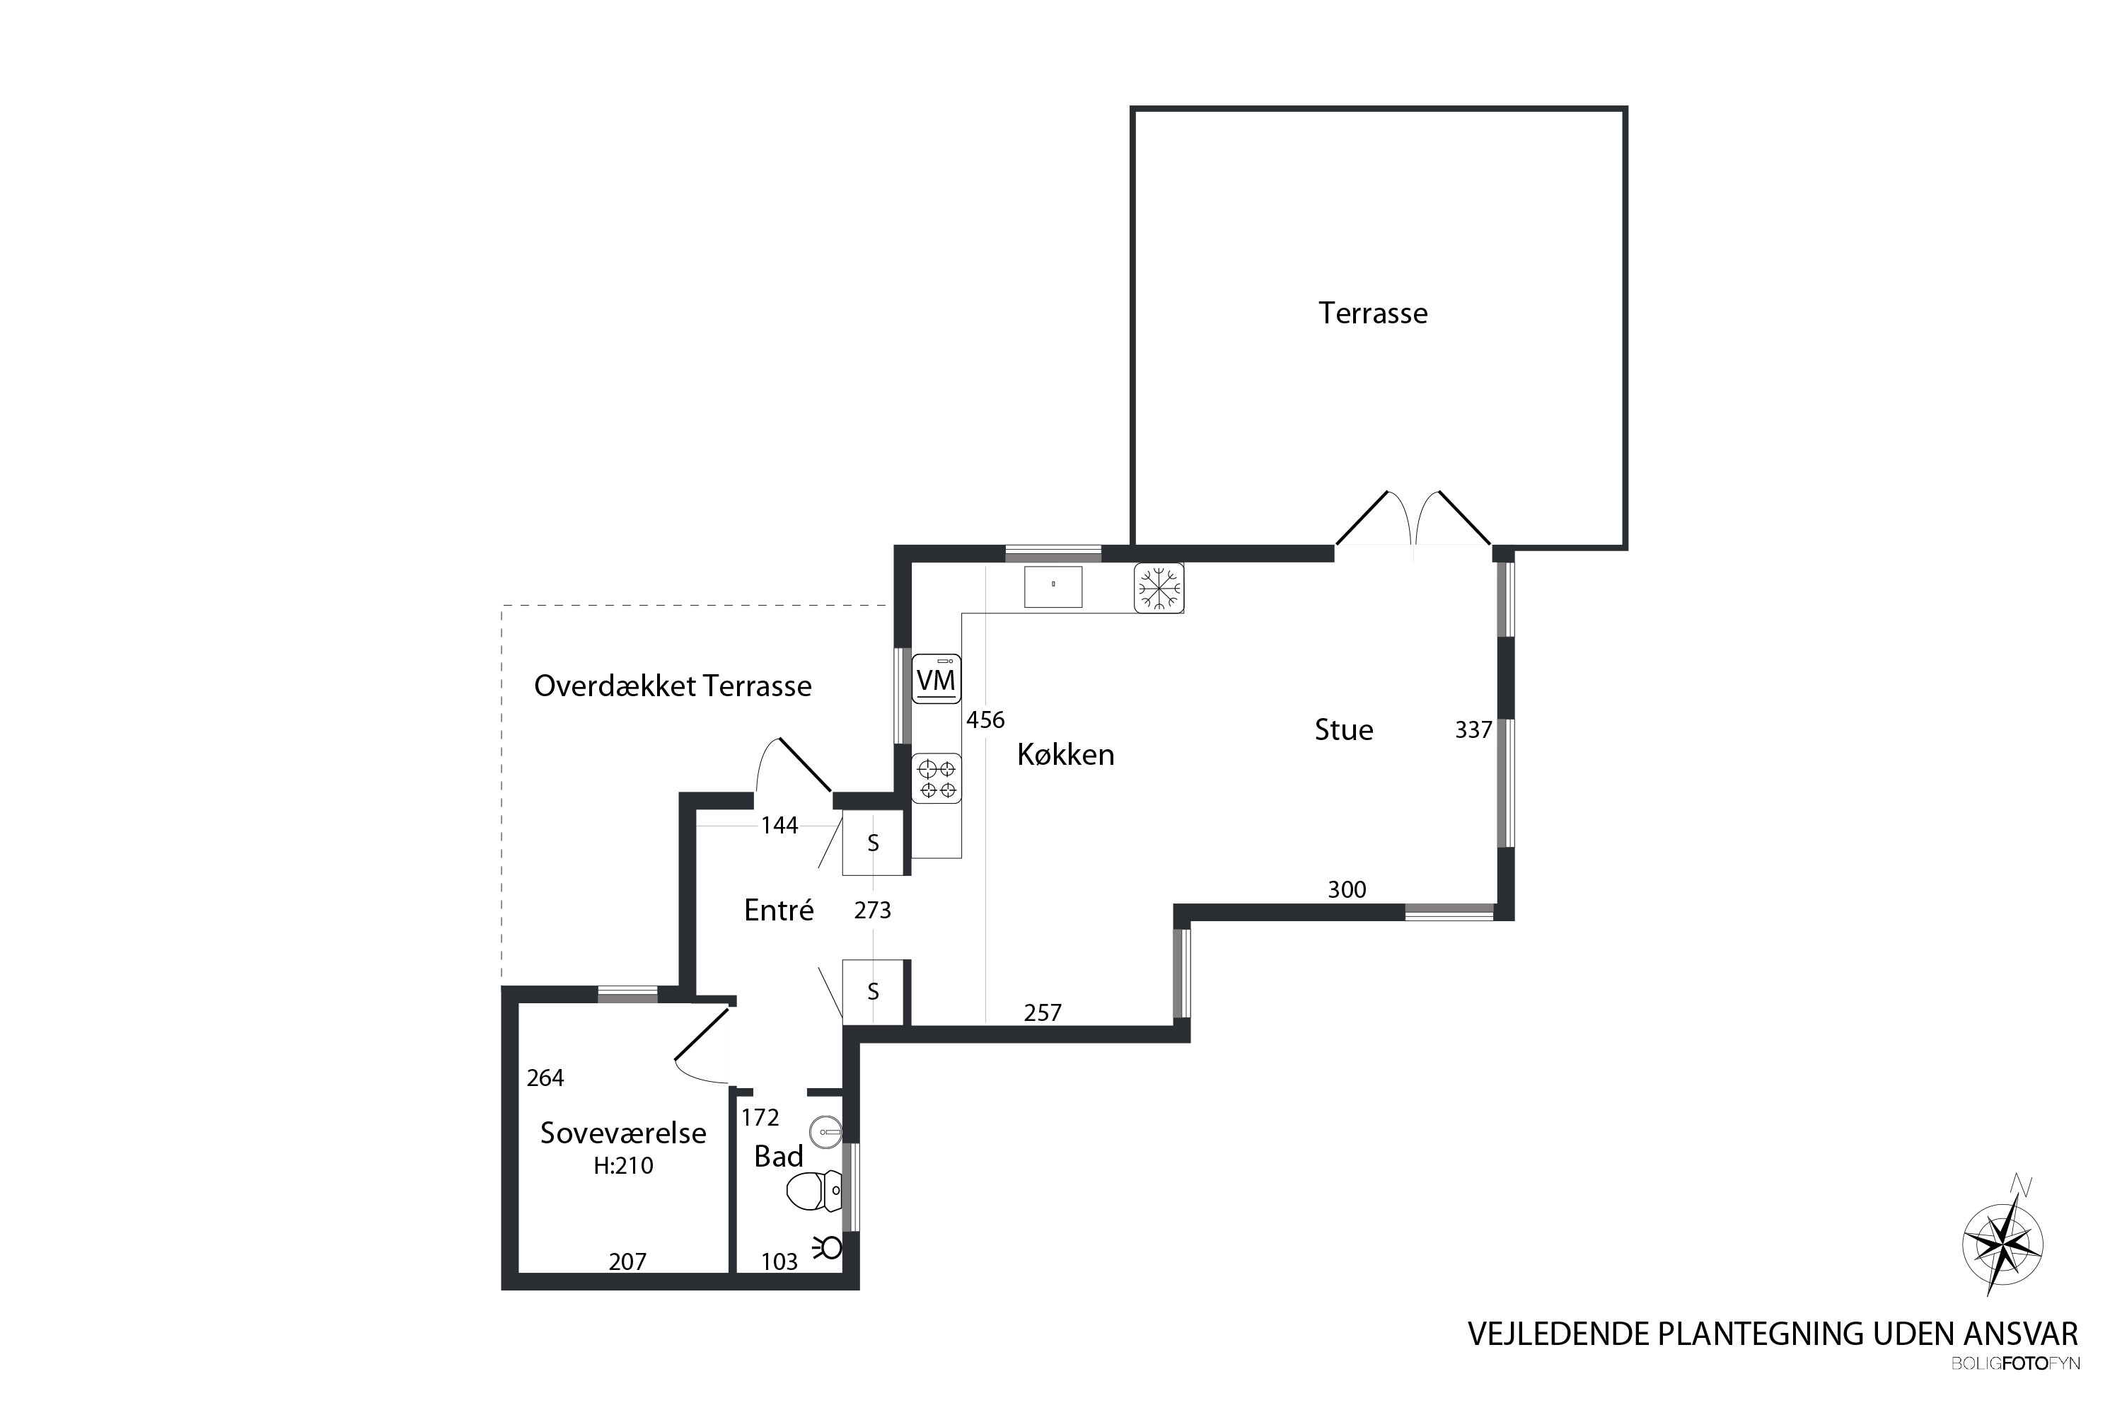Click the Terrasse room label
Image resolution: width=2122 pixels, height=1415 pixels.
click(1372, 313)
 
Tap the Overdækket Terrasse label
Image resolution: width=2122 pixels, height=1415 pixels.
click(673, 686)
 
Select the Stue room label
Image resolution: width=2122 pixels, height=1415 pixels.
click(1343, 729)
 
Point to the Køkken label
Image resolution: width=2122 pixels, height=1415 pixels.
click(1065, 753)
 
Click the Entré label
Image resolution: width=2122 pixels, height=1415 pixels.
click(779, 910)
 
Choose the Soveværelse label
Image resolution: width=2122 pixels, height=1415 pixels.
click(623, 1133)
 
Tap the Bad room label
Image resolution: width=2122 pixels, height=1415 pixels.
click(779, 1156)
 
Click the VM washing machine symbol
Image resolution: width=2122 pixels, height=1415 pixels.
click(936, 678)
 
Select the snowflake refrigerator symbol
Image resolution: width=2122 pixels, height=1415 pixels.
click(1159, 589)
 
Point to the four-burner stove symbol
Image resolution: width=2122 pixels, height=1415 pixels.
click(937, 778)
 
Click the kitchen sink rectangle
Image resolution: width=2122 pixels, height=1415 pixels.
click(1053, 587)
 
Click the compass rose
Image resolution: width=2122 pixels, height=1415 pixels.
click(2003, 1244)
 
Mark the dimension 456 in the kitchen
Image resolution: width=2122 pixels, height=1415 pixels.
click(985, 720)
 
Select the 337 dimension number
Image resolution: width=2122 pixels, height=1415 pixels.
click(1473, 730)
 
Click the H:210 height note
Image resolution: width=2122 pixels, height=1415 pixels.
click(623, 1166)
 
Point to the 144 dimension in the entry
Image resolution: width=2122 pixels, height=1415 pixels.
click(779, 826)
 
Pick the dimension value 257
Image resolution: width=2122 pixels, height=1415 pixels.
click(1043, 1013)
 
